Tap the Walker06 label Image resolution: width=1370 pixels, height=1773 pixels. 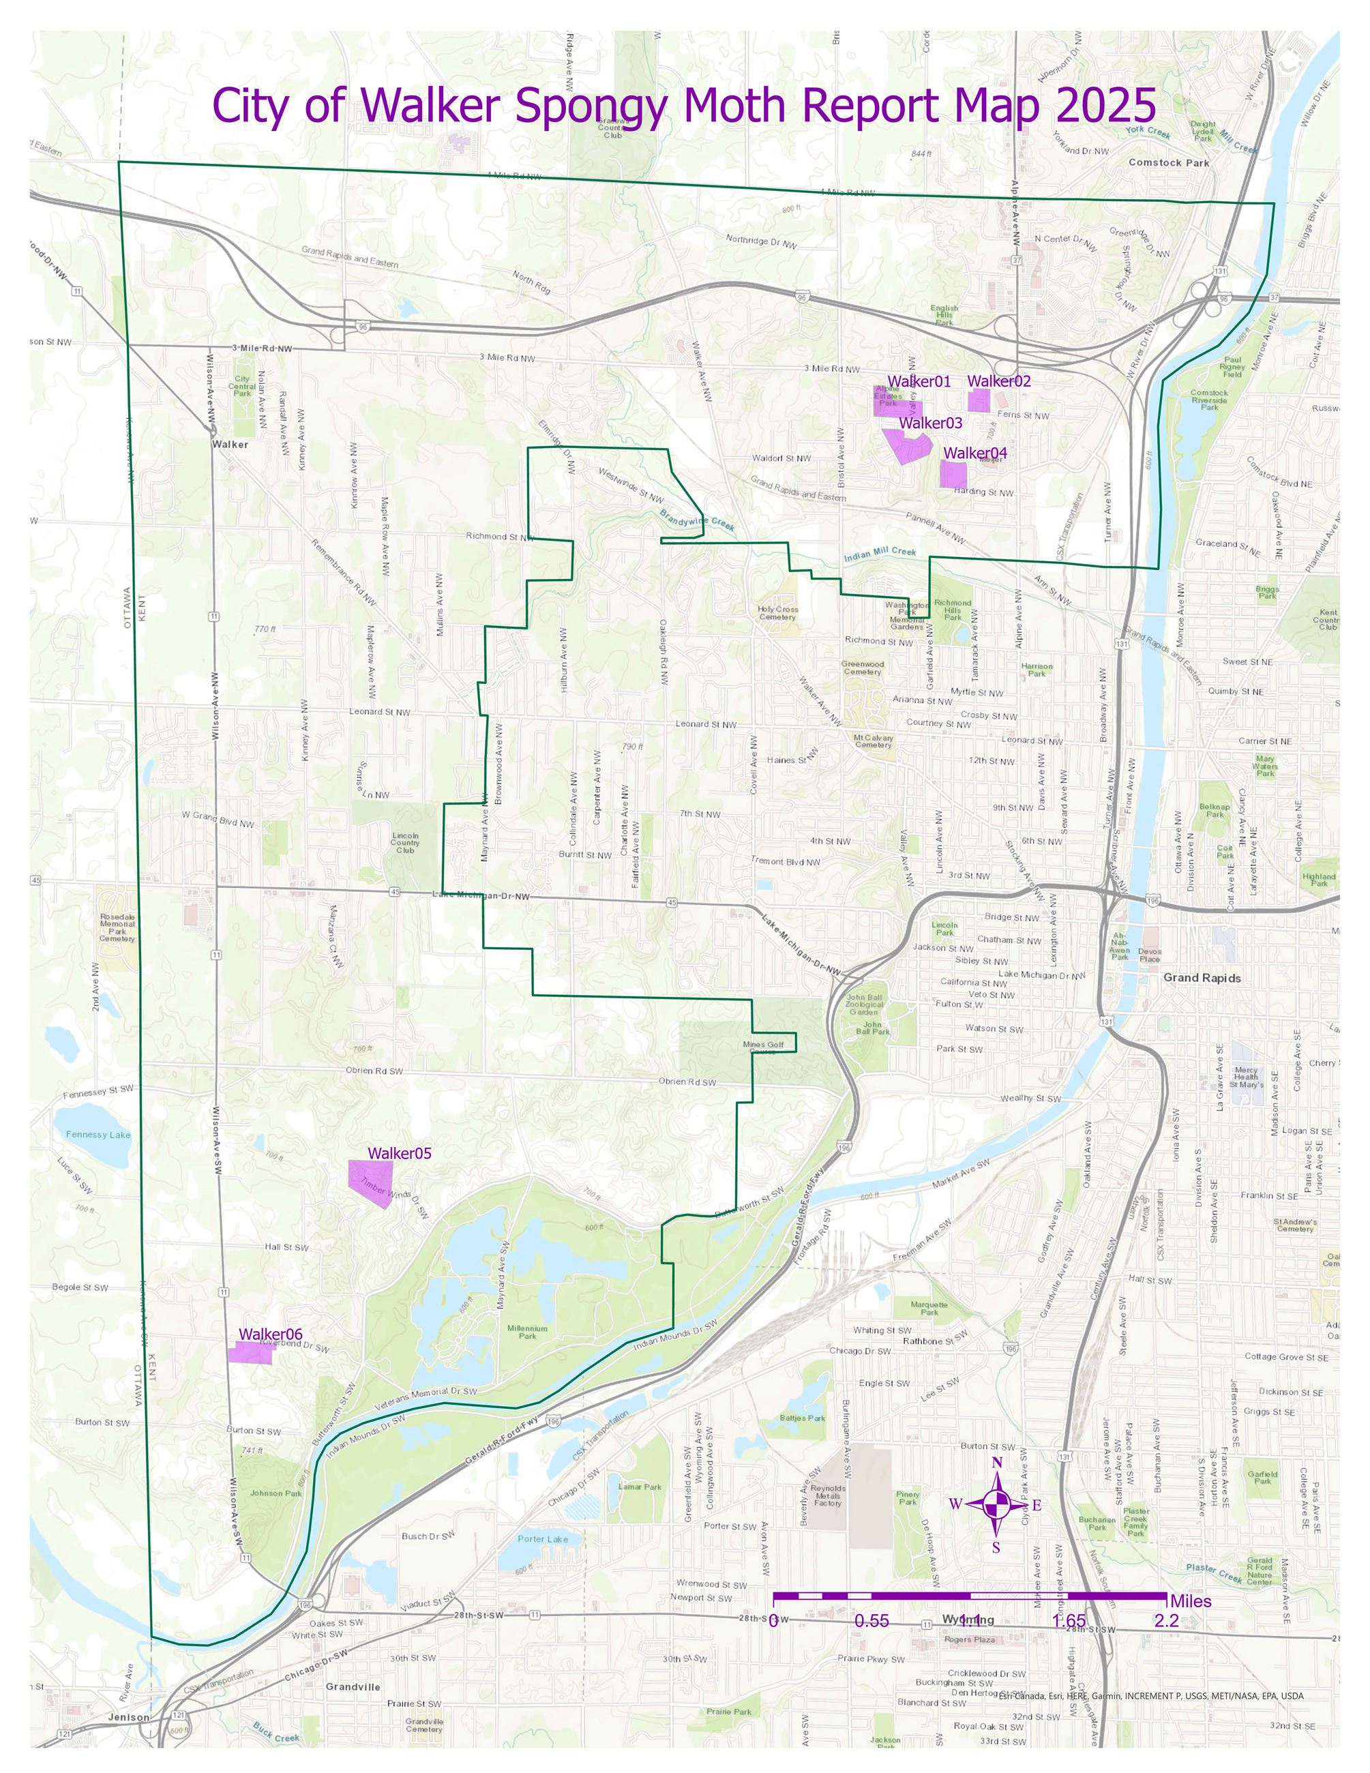pos(270,1334)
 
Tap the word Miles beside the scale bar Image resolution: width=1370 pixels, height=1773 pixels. pos(1190,1601)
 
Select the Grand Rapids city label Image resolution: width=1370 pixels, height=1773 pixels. pos(1201,977)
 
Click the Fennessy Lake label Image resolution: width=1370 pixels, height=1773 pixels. pos(98,1134)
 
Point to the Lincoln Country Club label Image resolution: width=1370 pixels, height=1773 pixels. pos(405,842)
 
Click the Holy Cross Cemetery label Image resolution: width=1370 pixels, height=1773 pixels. pos(777,613)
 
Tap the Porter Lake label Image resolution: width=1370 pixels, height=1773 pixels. pos(543,1538)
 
